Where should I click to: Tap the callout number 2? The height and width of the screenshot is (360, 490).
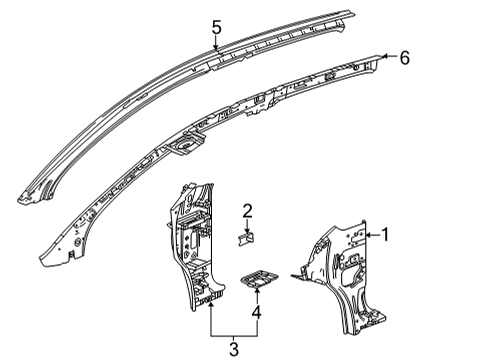(247, 210)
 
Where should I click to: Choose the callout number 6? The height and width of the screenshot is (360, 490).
(405, 58)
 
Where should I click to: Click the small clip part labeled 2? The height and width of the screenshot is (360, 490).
(247, 237)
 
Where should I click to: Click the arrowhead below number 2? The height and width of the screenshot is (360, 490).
(247, 228)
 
